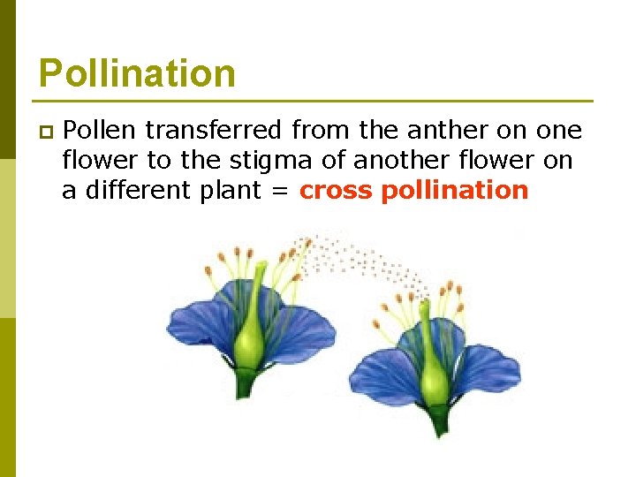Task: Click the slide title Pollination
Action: pos(137,72)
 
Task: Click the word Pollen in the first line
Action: pos(100,131)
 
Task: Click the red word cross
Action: pos(336,191)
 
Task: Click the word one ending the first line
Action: pos(560,131)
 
